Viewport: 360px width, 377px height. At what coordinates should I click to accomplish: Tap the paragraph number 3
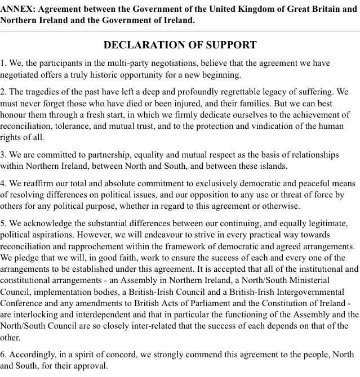pos(3,155)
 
